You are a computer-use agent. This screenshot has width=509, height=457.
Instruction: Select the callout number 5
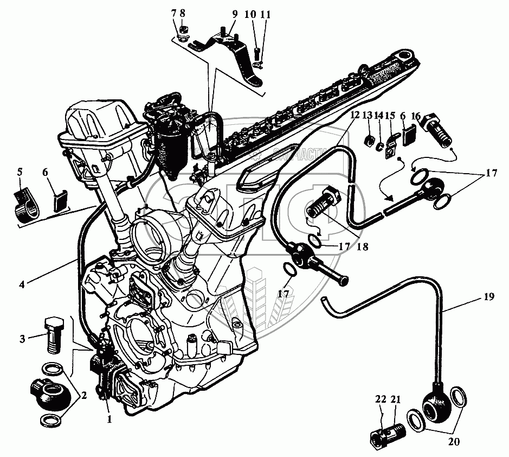coord(20,172)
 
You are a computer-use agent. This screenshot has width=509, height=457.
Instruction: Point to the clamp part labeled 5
coord(25,205)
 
